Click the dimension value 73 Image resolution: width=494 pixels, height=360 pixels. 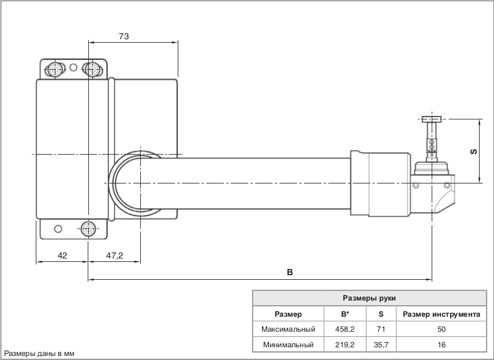pos(123,36)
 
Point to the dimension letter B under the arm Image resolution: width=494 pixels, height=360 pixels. pos(290,272)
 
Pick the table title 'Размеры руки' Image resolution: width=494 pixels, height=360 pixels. pos(369,298)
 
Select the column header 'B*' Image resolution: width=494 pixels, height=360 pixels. pos(346,314)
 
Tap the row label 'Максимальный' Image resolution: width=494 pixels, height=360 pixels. pos(288,329)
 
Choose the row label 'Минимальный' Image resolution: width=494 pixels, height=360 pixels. pos(288,345)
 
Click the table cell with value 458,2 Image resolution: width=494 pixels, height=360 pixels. pos(346,329)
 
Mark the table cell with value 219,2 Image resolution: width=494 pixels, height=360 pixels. pos(346,345)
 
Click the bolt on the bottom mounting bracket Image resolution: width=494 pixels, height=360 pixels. pos(88,228)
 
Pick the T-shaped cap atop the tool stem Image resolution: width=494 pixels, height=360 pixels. pos(431,119)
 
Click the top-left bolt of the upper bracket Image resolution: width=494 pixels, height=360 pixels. pos(55,70)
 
